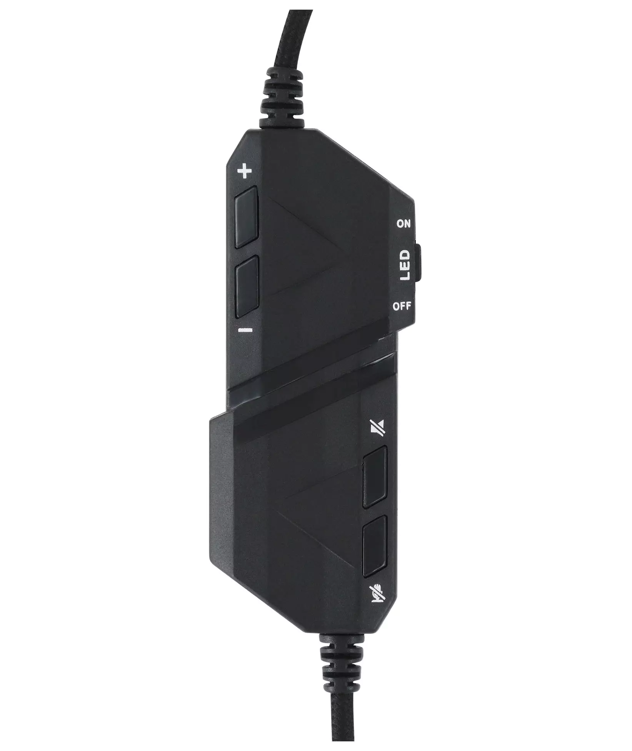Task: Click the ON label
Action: pyautogui.click(x=403, y=224)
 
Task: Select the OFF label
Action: pyautogui.click(x=402, y=307)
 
